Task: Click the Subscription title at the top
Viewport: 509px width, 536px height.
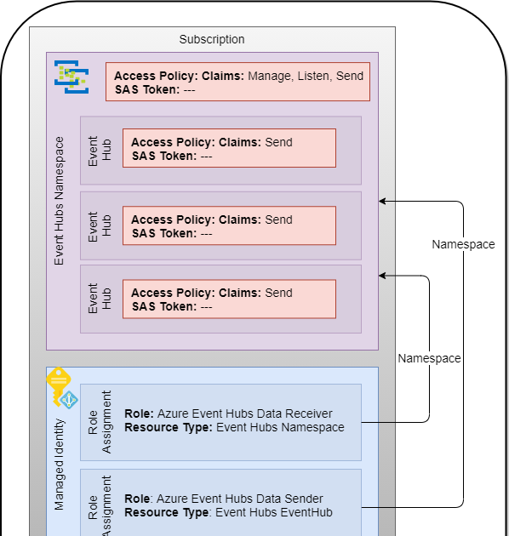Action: tap(212, 39)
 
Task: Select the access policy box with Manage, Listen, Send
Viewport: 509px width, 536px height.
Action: tap(237, 82)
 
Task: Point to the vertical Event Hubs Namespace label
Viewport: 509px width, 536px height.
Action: tap(59, 200)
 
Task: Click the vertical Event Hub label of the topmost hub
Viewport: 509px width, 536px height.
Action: tap(100, 151)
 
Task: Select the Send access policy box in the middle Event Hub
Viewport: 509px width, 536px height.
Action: tap(229, 225)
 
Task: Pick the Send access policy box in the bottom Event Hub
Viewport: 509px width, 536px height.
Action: tap(229, 299)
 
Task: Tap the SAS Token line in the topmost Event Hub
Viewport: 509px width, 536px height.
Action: tap(172, 155)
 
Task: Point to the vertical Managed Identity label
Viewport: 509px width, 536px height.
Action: tap(59, 465)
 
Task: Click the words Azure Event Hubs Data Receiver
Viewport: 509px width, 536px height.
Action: tap(245, 413)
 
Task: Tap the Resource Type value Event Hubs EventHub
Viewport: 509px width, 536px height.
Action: tap(274, 512)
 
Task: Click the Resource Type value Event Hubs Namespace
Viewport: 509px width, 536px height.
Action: tap(280, 427)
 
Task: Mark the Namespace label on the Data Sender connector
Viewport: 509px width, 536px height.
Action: tap(463, 244)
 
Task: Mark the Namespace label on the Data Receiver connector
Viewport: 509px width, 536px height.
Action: tap(429, 358)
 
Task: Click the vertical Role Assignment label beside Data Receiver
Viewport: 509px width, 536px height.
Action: tap(100, 422)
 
